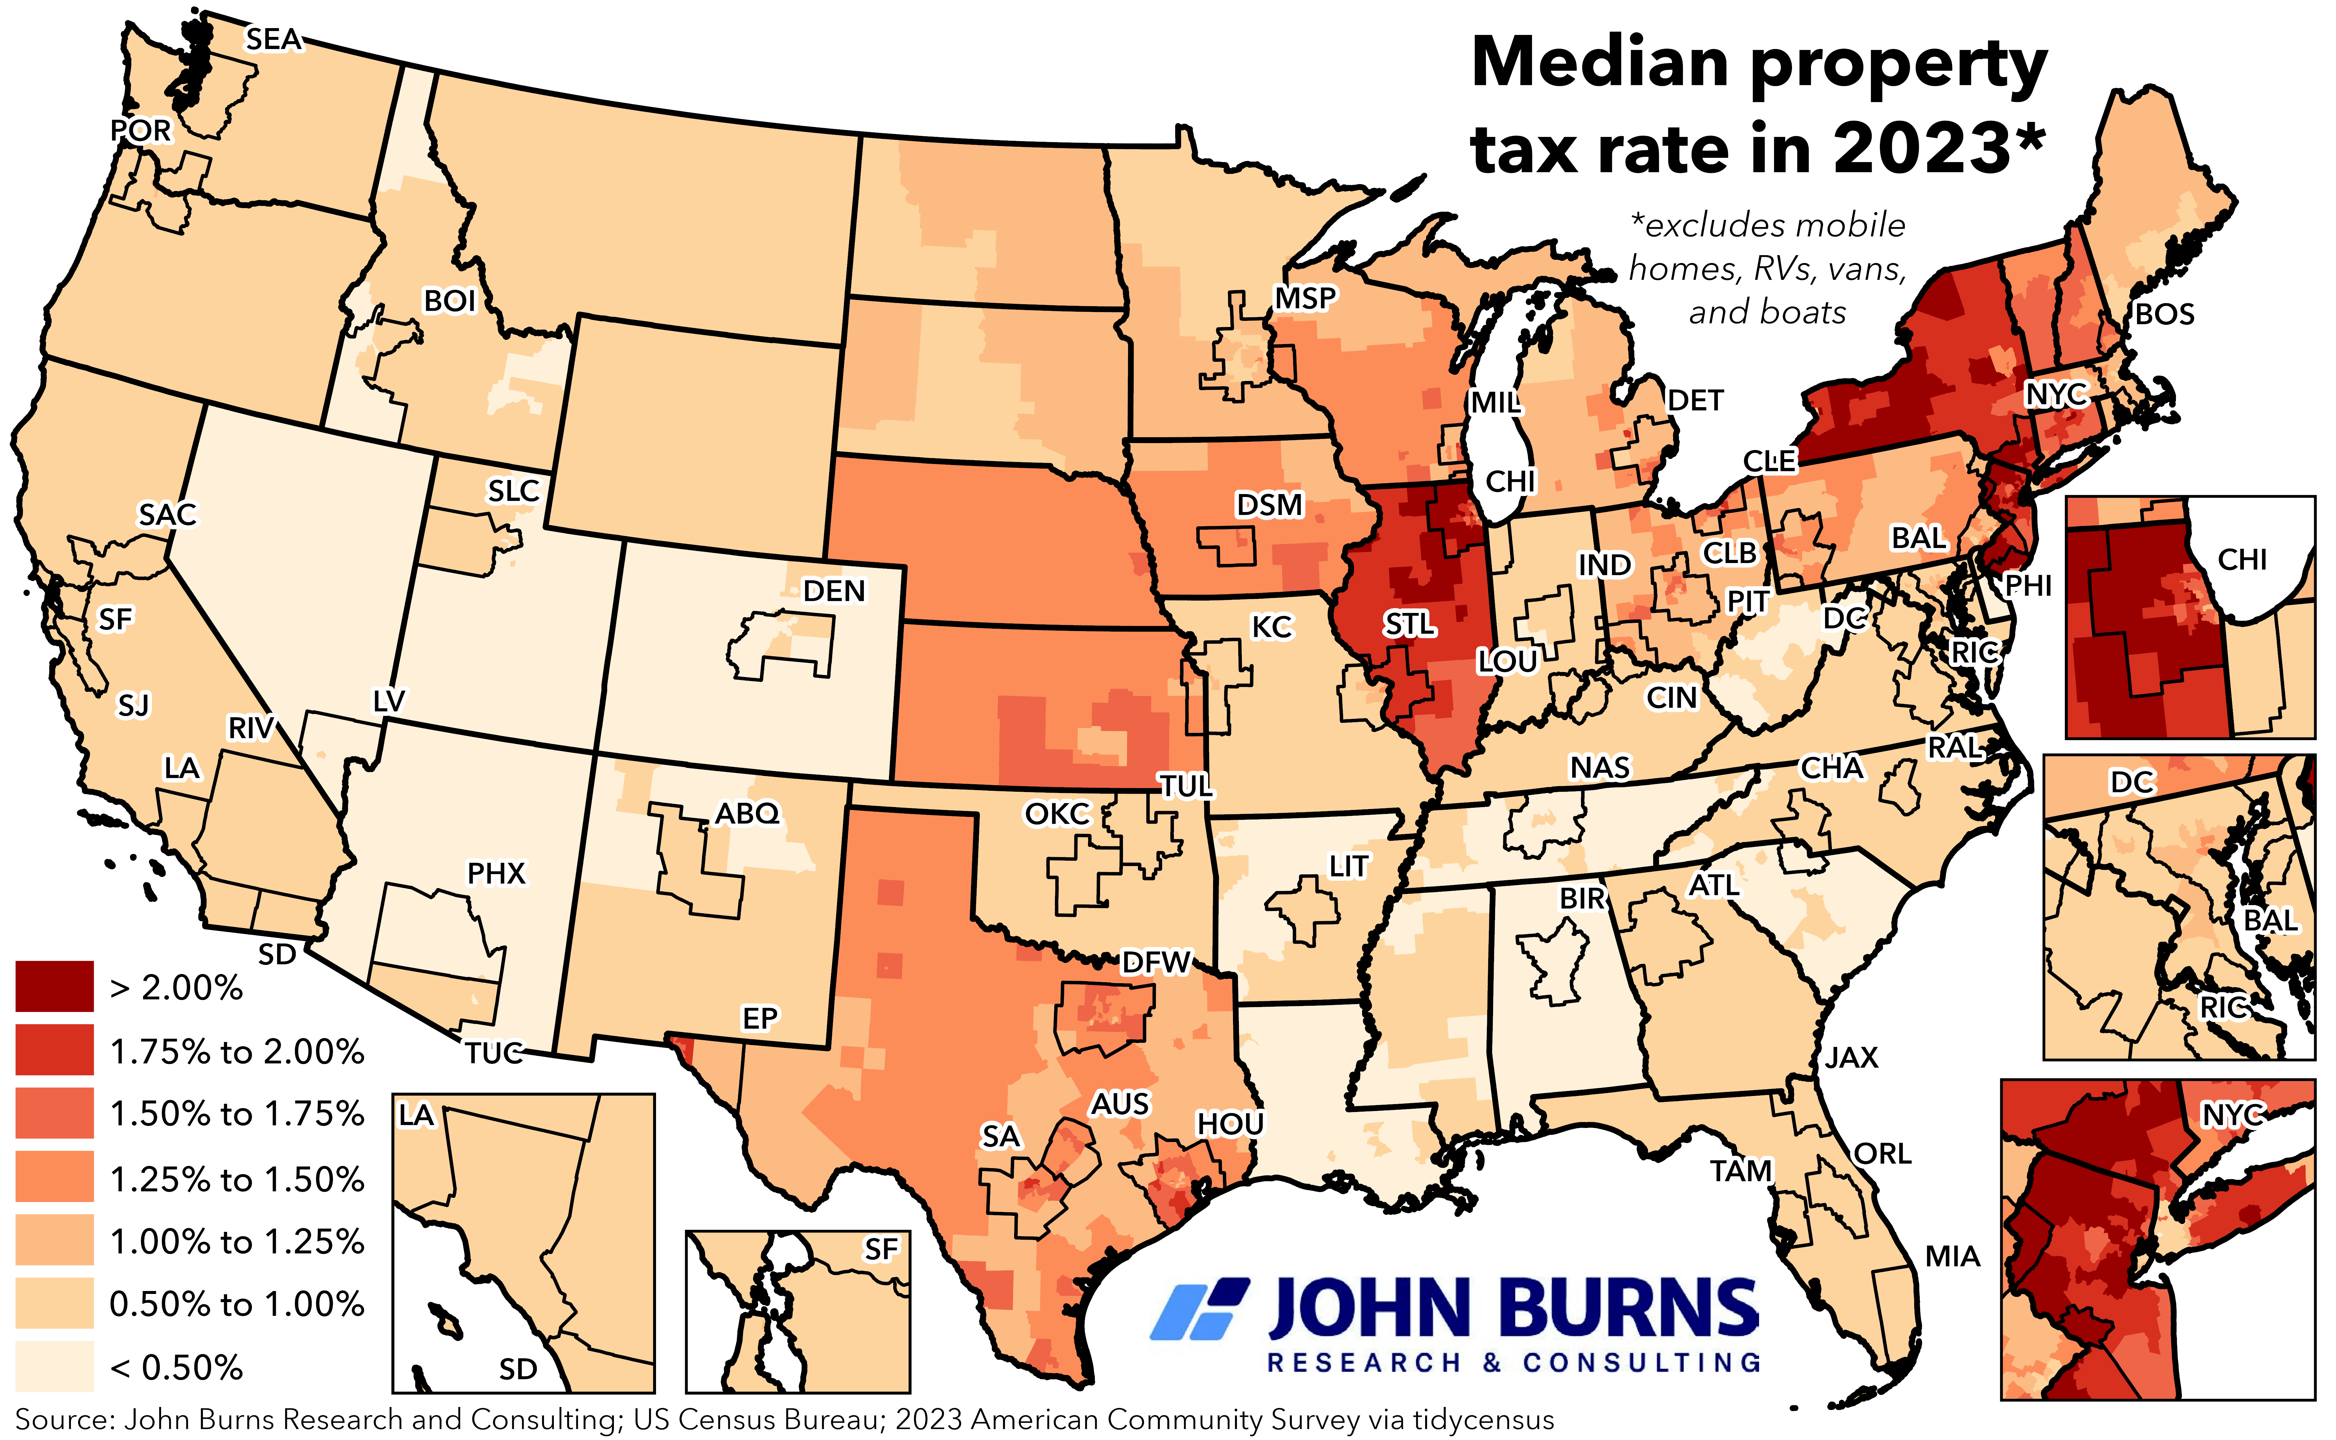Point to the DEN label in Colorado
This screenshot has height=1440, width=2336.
click(834, 591)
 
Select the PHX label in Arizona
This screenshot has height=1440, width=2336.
click(496, 873)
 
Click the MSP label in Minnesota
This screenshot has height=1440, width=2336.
click(1306, 299)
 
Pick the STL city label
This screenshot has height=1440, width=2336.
click(1409, 625)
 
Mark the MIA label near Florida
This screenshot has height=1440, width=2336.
click(1952, 1257)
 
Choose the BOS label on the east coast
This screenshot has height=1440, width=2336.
click(2164, 314)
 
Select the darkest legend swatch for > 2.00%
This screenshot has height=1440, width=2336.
click(54, 987)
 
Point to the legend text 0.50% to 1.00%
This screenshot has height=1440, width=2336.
click(237, 1304)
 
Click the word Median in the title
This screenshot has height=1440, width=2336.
click(1600, 63)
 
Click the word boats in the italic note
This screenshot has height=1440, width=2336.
click(1803, 312)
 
